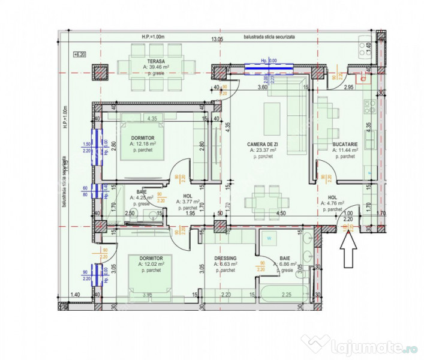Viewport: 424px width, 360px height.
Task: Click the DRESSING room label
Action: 225,258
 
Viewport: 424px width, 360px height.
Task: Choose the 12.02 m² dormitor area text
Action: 143,264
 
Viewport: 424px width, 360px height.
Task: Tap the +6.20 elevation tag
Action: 79,55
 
